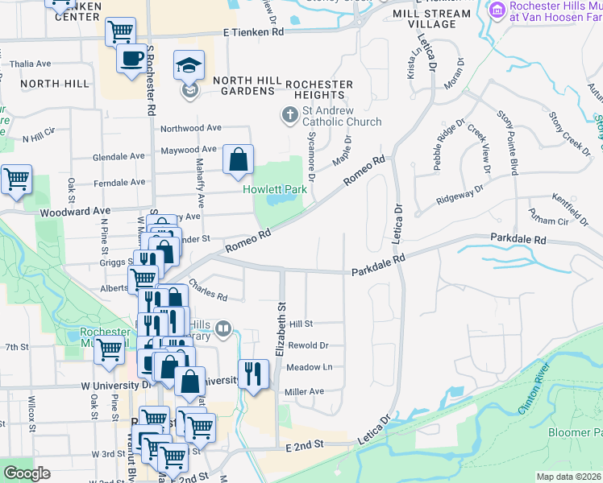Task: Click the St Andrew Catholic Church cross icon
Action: click(x=289, y=114)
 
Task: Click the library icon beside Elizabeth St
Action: click(x=223, y=328)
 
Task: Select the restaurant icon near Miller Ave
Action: click(x=254, y=374)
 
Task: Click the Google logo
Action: click(x=27, y=473)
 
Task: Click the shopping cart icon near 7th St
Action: click(x=109, y=350)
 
